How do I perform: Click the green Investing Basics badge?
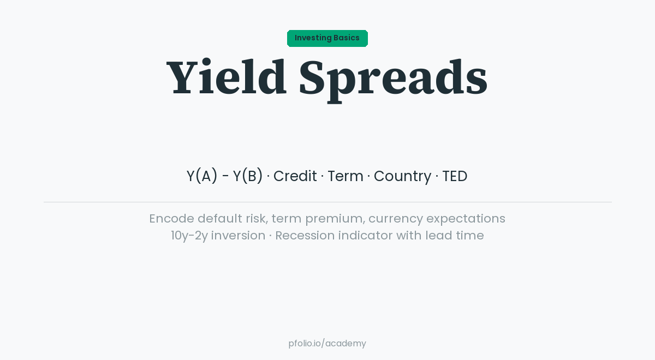(327, 38)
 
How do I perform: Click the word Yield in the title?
(227, 77)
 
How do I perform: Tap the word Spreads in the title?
(393, 77)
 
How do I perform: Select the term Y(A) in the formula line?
(202, 176)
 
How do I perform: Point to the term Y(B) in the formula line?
(248, 176)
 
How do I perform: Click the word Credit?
(295, 176)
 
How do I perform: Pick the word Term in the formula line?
(345, 176)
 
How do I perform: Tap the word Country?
(402, 176)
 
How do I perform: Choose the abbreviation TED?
(455, 176)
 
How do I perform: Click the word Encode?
(171, 218)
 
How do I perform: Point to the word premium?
(334, 219)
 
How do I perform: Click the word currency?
(395, 219)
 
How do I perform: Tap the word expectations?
(466, 219)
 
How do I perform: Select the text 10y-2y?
(189, 236)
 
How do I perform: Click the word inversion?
(238, 235)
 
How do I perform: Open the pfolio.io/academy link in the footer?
(327, 343)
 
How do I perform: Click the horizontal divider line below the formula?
(327, 202)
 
